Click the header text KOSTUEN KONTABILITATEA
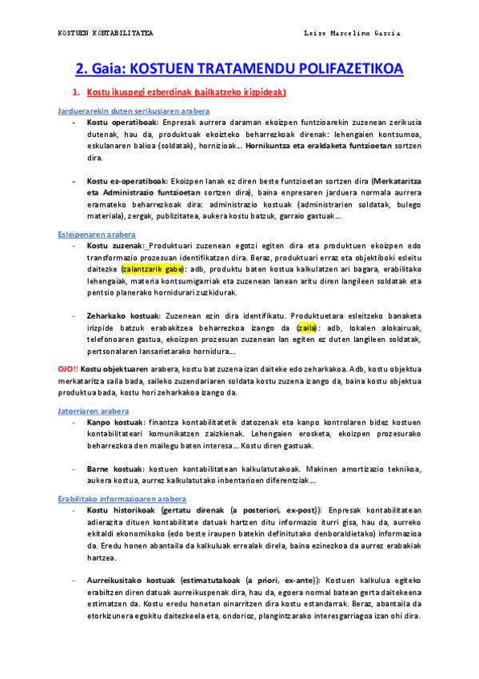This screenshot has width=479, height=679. (x=106, y=33)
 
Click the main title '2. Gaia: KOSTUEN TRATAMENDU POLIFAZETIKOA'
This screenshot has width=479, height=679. (x=239, y=69)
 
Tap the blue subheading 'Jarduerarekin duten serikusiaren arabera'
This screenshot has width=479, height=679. (x=134, y=110)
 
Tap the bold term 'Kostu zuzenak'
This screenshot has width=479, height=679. (x=115, y=246)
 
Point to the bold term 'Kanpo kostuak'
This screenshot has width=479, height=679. (x=115, y=420)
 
